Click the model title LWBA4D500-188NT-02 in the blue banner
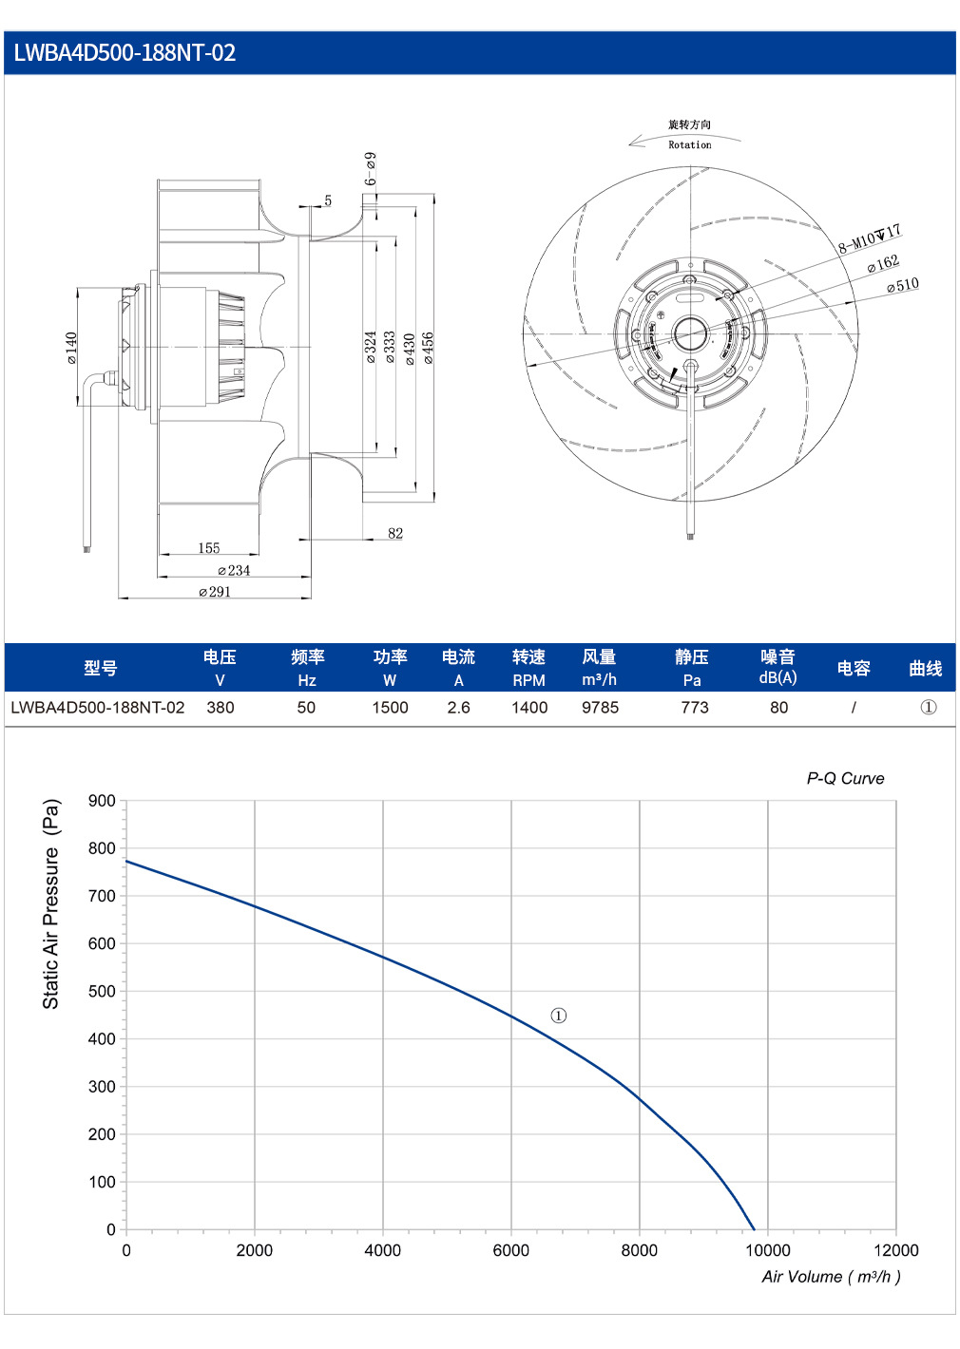coord(125,53)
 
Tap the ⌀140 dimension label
coord(71,348)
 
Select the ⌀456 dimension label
coord(428,348)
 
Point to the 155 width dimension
coord(209,548)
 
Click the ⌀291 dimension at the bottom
coord(215,592)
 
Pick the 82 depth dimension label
coord(395,533)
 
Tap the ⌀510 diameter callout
coord(903,285)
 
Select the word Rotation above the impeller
coord(689,144)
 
